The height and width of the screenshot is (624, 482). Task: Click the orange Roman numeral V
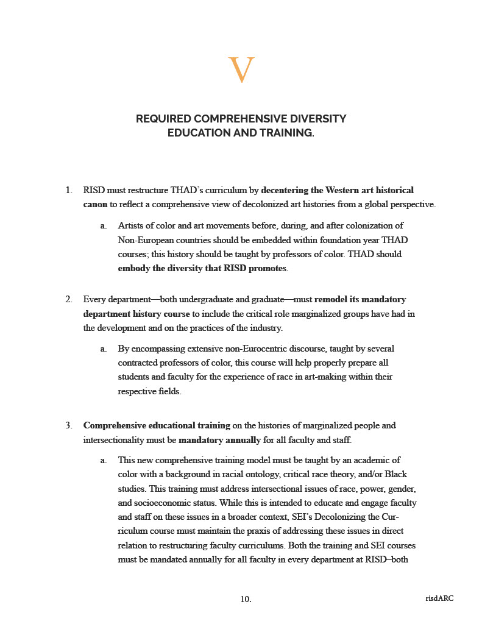[241, 70]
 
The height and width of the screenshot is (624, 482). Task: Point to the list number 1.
[69, 191]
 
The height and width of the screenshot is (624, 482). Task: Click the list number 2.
[69, 299]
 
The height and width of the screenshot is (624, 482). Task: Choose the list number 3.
[69, 425]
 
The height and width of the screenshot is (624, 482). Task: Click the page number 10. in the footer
[246, 599]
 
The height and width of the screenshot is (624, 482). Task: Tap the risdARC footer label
[439, 598]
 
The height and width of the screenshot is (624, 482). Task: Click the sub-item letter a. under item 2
[104, 349]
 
